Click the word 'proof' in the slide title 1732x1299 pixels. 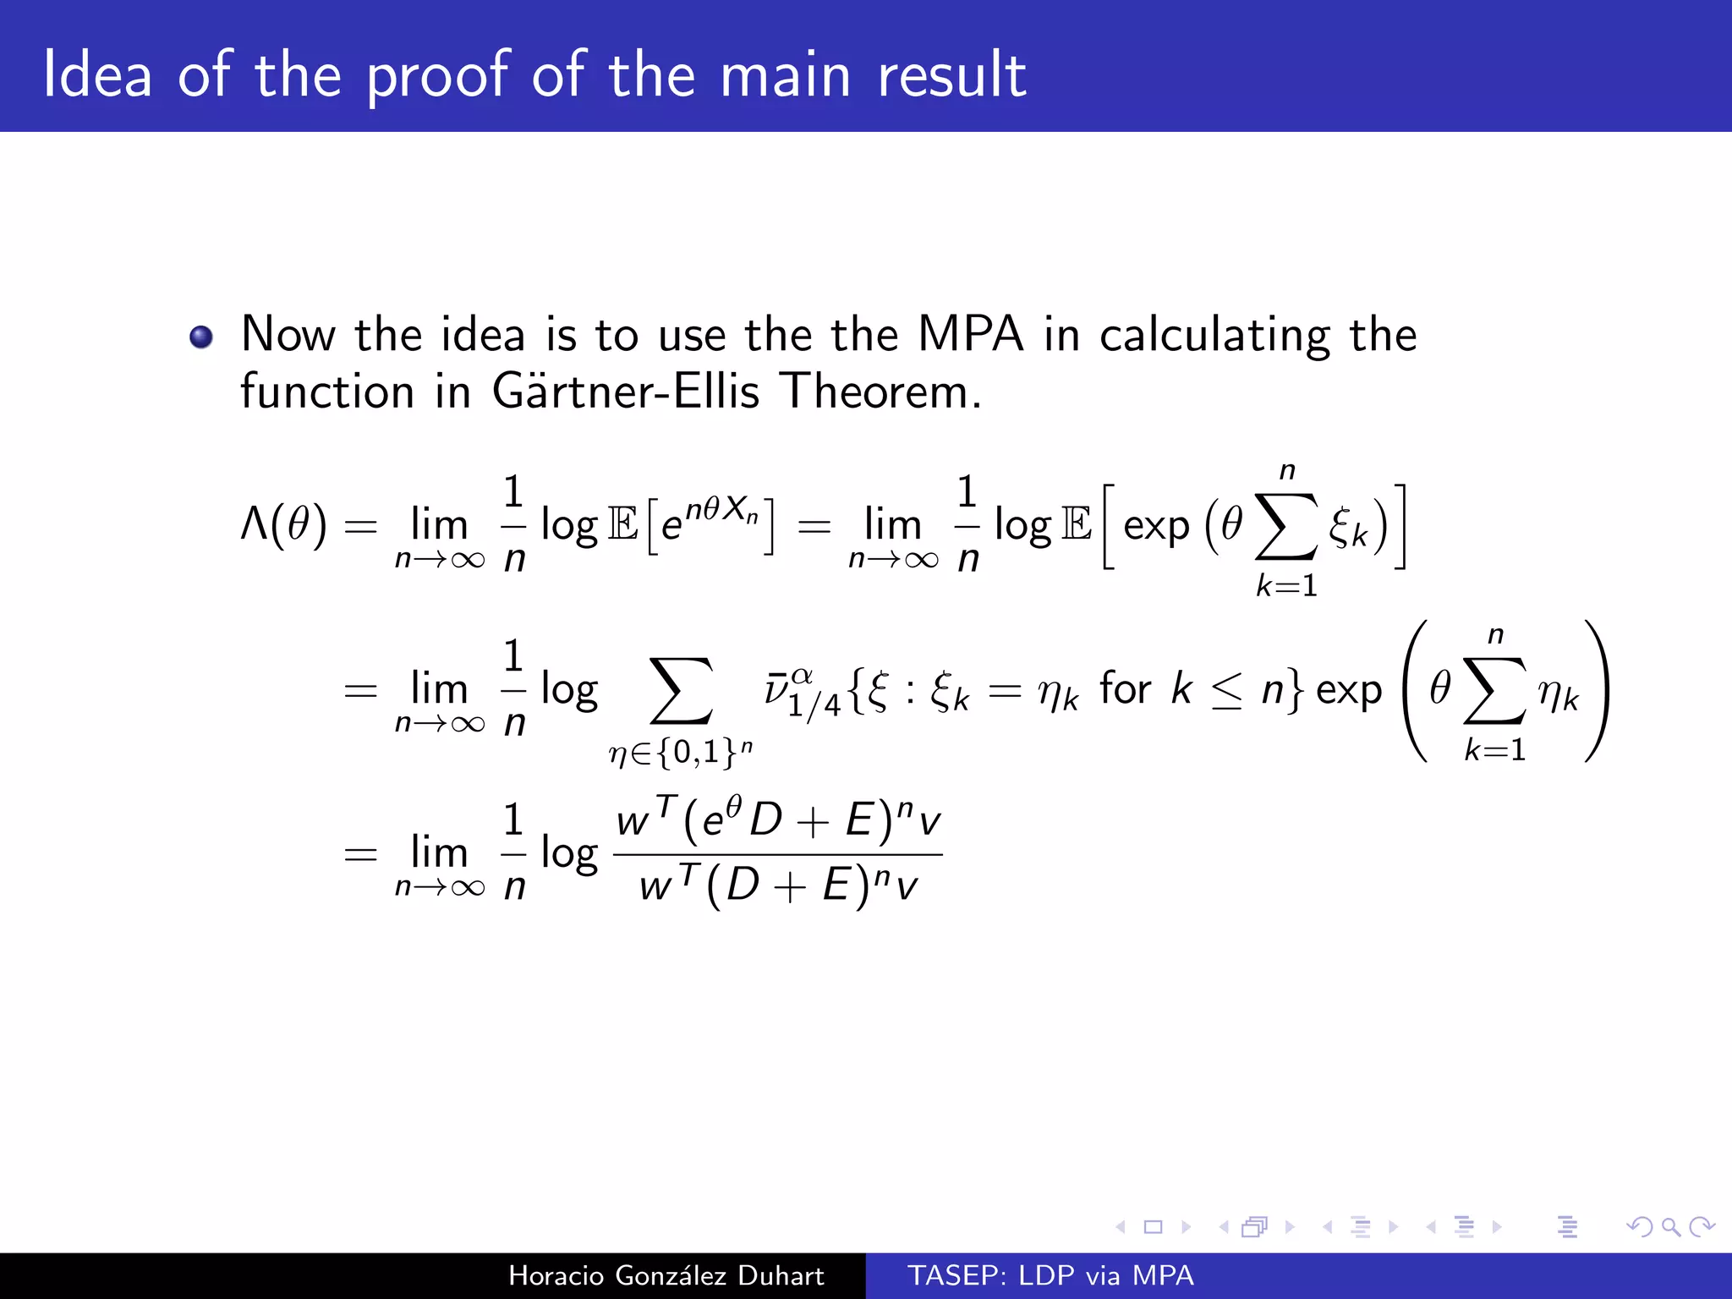tap(438, 76)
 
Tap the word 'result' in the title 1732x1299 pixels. tap(951, 76)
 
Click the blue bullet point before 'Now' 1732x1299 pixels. tap(201, 337)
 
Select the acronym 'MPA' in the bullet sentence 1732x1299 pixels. tap(970, 334)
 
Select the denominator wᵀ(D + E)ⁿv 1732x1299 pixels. tap(777, 886)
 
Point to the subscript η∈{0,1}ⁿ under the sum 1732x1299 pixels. tap(681, 751)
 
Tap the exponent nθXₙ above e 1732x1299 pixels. tap(721, 510)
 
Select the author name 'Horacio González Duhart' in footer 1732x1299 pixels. tap(666, 1275)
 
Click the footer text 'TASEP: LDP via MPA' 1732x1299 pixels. tap(1050, 1275)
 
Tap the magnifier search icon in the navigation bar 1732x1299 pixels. tap(1670, 1226)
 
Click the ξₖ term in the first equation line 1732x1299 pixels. tap(1347, 529)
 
